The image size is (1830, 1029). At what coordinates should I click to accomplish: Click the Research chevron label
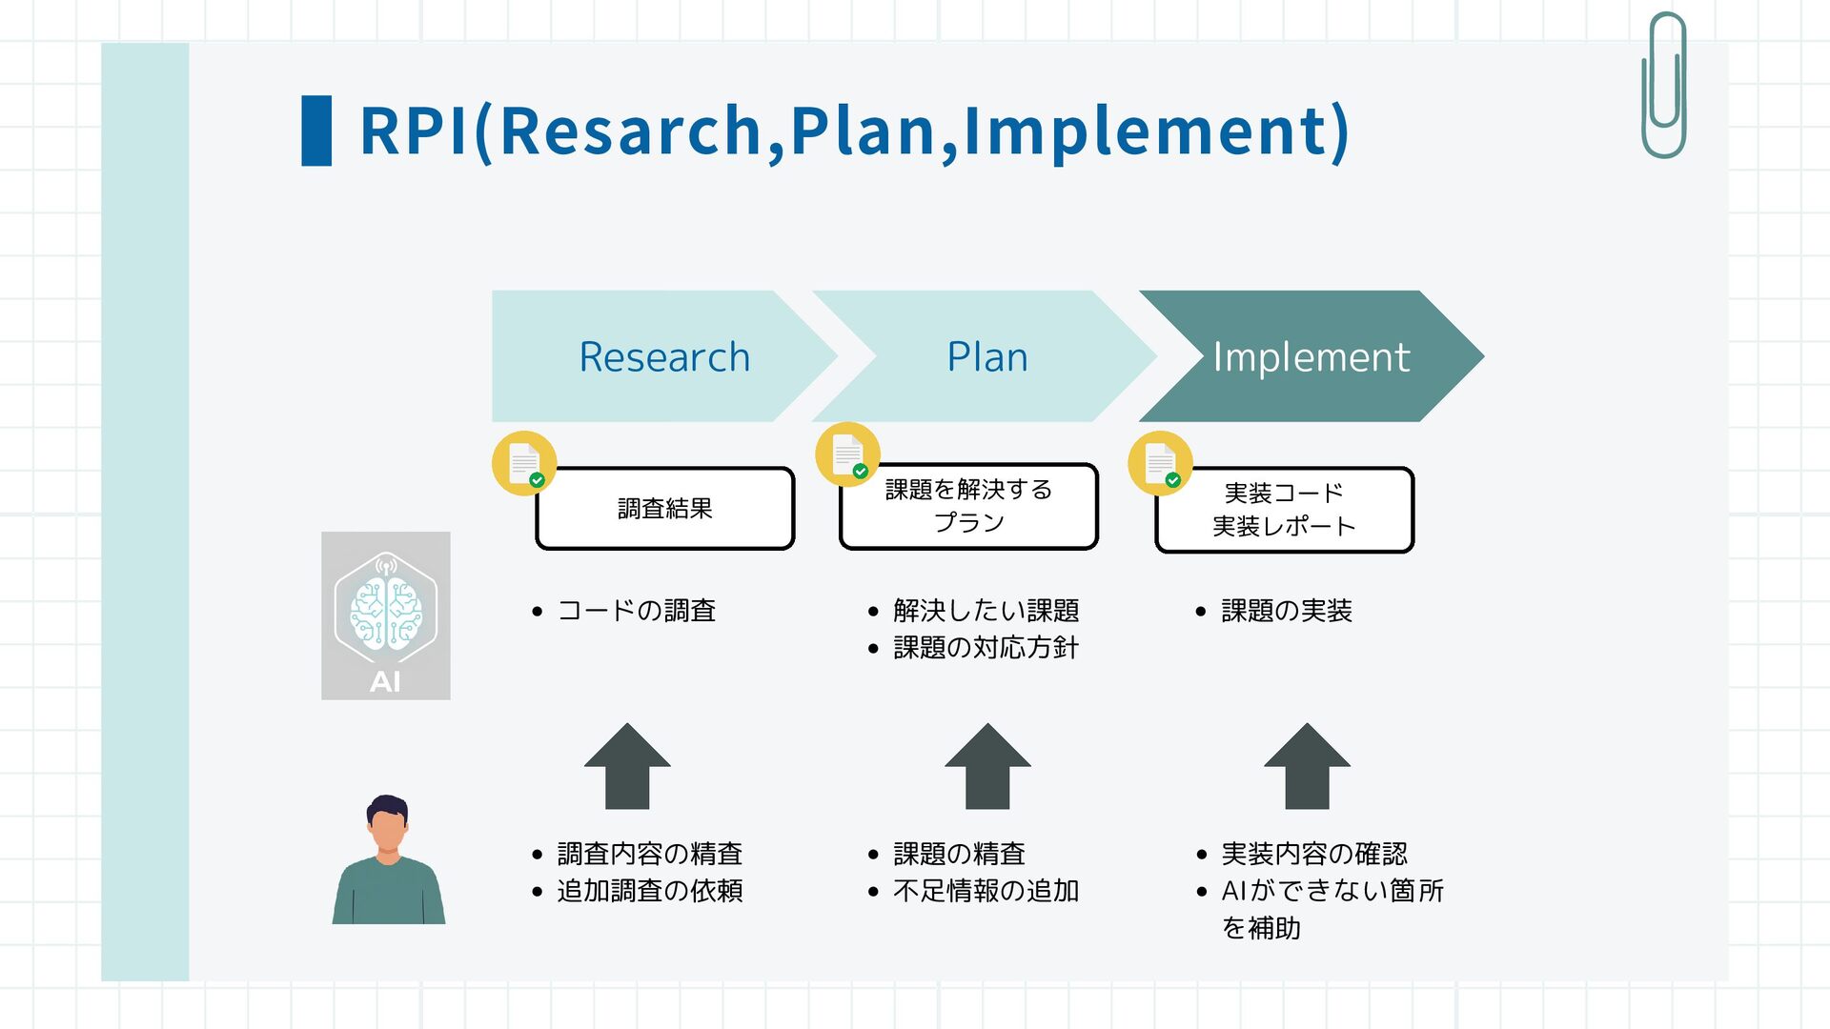tap(664, 357)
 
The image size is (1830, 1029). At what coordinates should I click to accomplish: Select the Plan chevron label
tap(987, 357)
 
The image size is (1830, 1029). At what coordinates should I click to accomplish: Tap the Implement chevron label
tap(1311, 357)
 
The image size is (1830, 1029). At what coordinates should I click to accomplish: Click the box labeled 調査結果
tap(665, 509)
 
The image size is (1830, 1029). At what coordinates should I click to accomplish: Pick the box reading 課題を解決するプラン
tap(968, 507)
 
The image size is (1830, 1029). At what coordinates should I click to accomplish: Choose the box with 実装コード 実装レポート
tap(1284, 510)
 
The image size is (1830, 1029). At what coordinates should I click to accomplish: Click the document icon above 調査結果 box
tap(524, 463)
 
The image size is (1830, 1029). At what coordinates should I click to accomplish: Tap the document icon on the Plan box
tap(847, 454)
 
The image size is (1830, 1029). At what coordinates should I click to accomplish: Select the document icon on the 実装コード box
tap(1160, 464)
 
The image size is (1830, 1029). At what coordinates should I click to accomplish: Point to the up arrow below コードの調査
tap(627, 767)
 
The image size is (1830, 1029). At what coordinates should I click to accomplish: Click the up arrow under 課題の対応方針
tap(987, 767)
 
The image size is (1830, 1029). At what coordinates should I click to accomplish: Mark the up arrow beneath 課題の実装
tap(1307, 767)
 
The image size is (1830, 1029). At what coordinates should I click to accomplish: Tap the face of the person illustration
tap(387, 829)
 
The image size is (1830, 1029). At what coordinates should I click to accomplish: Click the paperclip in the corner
tap(1664, 86)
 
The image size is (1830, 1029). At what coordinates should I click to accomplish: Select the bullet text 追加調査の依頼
tap(649, 891)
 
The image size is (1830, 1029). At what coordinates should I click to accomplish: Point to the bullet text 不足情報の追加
tap(986, 891)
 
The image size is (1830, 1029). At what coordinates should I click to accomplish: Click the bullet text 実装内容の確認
tap(1313, 854)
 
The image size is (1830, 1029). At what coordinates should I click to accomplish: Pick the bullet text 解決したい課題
tap(986, 611)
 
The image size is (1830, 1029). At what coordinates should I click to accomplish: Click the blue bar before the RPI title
tap(316, 131)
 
